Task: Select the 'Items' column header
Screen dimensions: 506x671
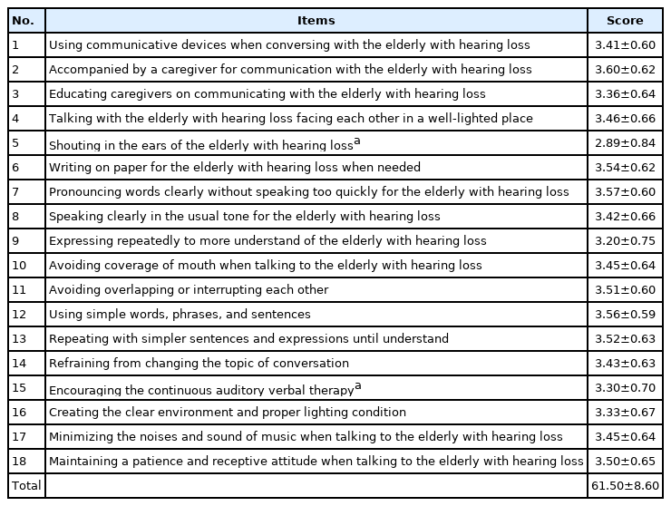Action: [x=316, y=21]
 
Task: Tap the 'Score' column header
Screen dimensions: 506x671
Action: [x=626, y=21]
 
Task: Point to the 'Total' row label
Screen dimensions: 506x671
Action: [x=26, y=486]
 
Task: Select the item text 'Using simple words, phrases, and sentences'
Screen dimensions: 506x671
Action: [x=180, y=315]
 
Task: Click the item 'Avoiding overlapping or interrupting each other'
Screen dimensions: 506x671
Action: [x=189, y=290]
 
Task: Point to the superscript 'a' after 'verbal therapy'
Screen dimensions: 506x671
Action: [x=358, y=384]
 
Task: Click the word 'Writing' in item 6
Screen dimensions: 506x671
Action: [x=69, y=168]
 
